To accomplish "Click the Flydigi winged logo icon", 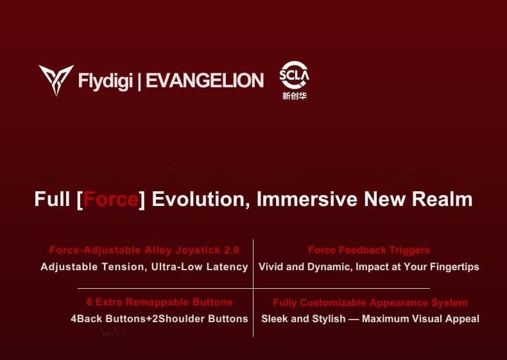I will point(56,80).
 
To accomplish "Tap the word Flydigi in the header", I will point(105,81).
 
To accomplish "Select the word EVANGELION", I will point(205,81).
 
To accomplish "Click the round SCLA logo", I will point(295,76).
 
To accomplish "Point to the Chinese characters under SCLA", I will point(295,97).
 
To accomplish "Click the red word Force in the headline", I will point(111,199).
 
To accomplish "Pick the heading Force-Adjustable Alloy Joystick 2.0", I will point(144,250).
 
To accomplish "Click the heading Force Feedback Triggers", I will point(369,250).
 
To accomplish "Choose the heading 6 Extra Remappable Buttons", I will point(160,302).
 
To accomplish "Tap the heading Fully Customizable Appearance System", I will point(370,302).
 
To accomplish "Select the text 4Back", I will point(85,318).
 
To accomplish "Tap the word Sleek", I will point(275,318).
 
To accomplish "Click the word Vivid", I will point(272,266).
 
